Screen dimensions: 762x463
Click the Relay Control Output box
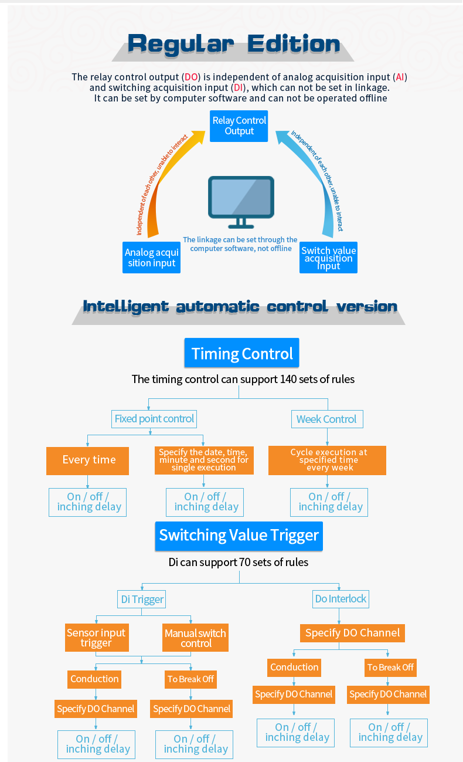click(239, 126)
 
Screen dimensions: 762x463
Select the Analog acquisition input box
click(152, 258)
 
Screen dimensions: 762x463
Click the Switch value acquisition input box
click(328, 258)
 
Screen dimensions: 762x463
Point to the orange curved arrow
click(167, 176)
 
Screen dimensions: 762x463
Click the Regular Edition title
click(233, 44)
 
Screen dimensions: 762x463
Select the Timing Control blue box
click(242, 353)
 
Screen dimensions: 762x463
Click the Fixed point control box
click(154, 419)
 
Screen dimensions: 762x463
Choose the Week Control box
click(326, 419)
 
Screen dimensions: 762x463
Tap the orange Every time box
click(88, 460)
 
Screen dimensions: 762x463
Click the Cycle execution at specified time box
click(328, 460)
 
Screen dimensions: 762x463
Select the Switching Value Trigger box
click(239, 535)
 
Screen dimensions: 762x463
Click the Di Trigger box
click(142, 599)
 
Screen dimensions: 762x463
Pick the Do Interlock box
click(341, 599)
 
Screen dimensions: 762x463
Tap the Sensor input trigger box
click(96, 638)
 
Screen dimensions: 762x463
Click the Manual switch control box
click(195, 638)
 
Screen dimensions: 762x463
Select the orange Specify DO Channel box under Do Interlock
click(352, 633)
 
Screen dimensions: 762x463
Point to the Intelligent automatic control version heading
click(240, 307)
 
